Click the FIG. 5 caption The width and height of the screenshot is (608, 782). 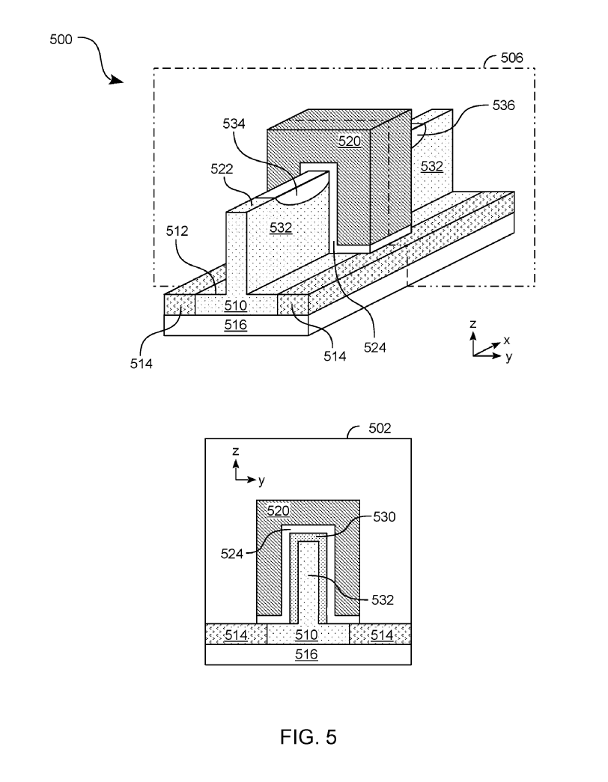[308, 736]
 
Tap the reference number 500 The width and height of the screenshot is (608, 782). [61, 40]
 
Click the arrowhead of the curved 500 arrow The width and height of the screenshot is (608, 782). [117, 80]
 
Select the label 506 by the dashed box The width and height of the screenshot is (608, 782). [511, 58]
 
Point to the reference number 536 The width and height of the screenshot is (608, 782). [503, 106]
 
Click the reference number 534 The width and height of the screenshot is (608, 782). [234, 123]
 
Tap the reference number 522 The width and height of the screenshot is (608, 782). [222, 169]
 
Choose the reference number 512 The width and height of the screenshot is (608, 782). [177, 231]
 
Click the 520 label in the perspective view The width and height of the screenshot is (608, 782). [350, 141]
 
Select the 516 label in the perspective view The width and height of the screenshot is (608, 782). [236, 326]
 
